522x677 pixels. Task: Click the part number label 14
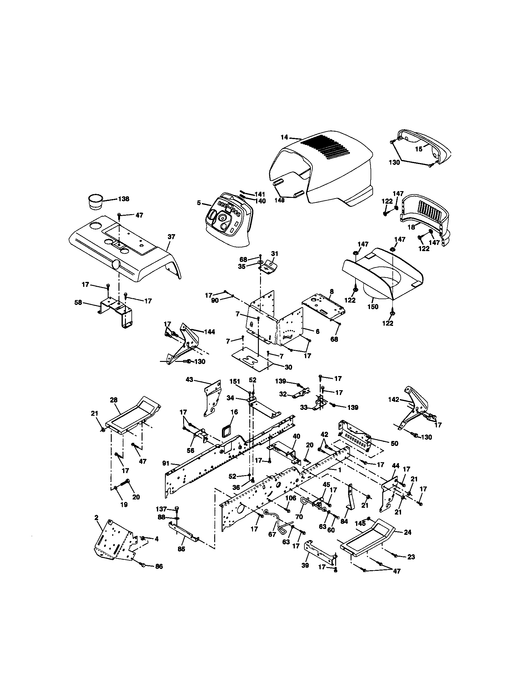tap(284, 137)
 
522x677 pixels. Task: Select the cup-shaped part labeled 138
tap(95, 202)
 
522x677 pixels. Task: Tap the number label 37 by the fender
tap(171, 237)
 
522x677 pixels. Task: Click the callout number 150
tap(373, 306)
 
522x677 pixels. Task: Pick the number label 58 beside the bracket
tap(78, 302)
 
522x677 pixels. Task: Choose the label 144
tap(210, 332)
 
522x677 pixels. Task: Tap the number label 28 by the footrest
tap(114, 400)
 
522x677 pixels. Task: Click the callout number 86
tap(159, 567)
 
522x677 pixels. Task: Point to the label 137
tap(161, 509)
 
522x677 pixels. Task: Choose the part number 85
tap(181, 549)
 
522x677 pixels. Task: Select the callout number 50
tap(394, 443)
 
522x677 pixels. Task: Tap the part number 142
tap(394, 399)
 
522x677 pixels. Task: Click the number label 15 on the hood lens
tap(419, 149)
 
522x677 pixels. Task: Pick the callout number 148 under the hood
tap(279, 200)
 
